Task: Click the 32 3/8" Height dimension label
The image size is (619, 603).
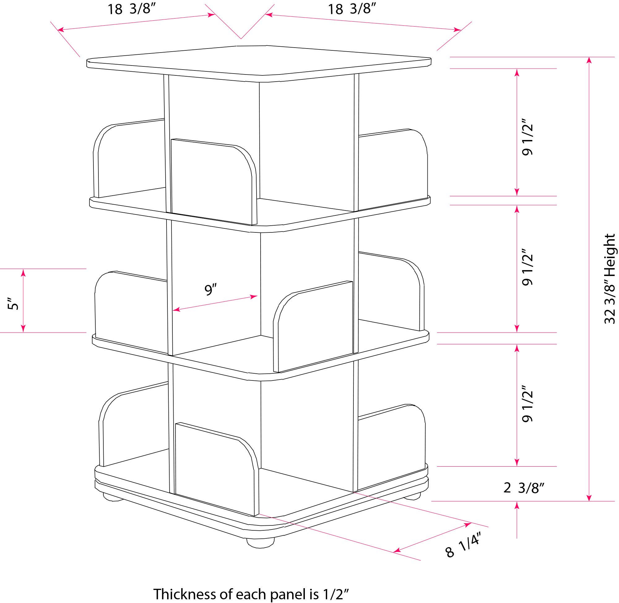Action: [x=609, y=279]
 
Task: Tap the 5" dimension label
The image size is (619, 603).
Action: [x=13, y=304]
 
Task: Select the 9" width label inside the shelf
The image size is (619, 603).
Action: [x=210, y=289]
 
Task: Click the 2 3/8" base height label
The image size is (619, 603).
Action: [x=524, y=488]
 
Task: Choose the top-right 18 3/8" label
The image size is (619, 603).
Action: [x=352, y=9]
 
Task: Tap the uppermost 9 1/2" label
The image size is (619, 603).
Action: [x=527, y=137]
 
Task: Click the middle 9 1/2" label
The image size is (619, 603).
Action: [x=527, y=267]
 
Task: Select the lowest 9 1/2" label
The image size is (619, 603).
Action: [x=527, y=403]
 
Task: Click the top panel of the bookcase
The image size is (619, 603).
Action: [x=259, y=63]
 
